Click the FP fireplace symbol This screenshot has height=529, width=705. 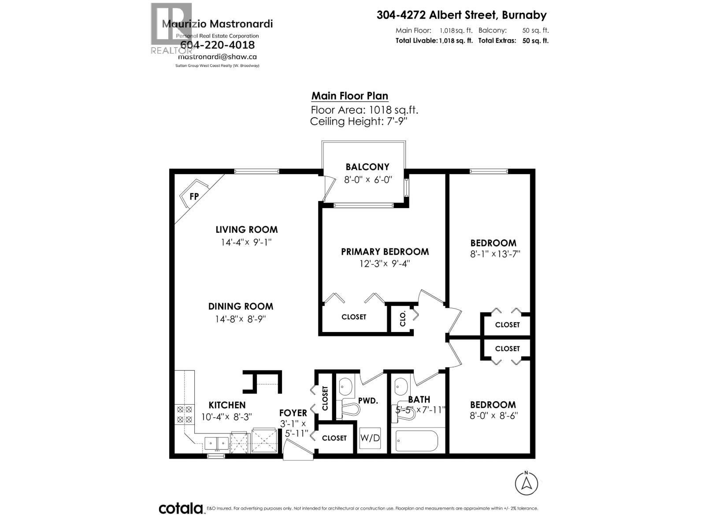193,196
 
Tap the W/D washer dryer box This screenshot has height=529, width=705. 370,438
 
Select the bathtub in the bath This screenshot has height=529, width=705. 416,440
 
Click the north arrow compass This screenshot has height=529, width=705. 526,483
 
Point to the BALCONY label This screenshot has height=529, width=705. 367,167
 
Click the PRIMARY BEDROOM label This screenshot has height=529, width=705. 385,252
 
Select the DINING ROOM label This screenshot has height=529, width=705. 241,306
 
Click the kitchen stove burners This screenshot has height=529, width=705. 185,414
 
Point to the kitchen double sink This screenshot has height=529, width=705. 216,443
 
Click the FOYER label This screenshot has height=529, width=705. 293,413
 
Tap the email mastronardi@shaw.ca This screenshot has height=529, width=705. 217,57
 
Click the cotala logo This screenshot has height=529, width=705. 181,508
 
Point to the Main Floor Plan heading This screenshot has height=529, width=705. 350,96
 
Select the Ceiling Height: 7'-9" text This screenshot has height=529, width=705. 358,122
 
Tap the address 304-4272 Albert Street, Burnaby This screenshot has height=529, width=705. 461,15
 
